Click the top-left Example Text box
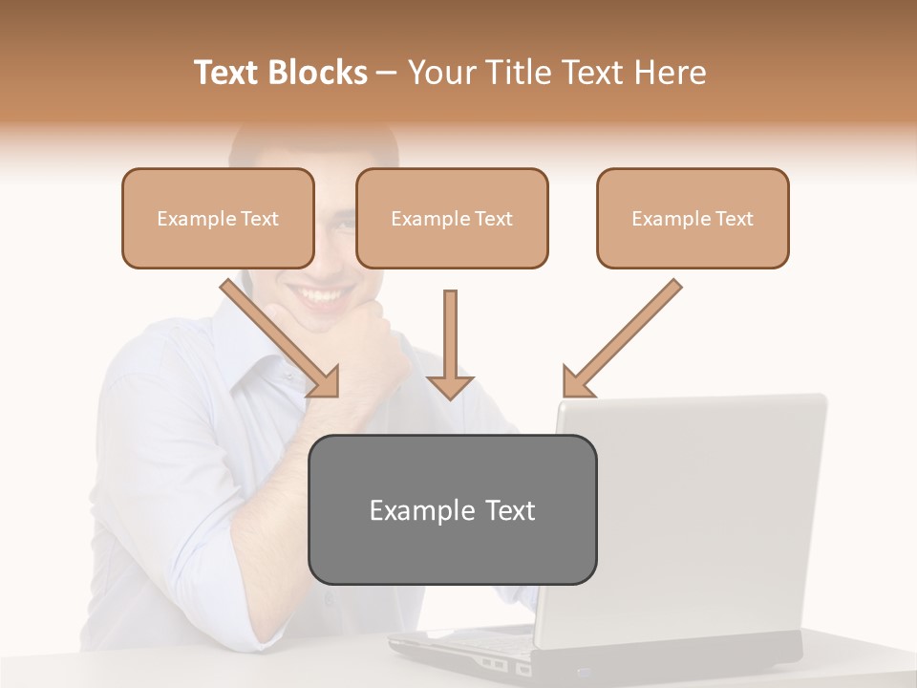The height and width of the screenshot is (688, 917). coord(218,218)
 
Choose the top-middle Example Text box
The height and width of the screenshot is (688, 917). coord(452,218)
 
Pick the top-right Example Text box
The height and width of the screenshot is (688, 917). coord(693,218)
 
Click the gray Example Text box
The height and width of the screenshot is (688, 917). coord(452,509)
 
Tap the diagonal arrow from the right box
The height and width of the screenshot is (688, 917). coord(621,339)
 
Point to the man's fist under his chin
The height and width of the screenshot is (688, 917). coord(368,344)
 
